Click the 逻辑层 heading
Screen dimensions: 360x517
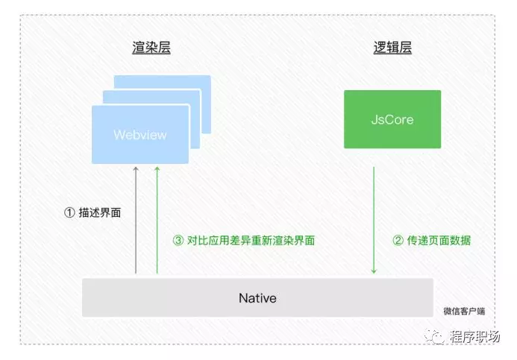coord(392,49)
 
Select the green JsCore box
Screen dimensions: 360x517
coord(392,119)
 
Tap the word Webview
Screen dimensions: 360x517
coord(140,135)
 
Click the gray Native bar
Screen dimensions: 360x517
coord(257,298)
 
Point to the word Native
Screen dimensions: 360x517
coord(257,298)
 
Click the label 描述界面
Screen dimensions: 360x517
coord(99,212)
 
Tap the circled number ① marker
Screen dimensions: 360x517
coord(69,212)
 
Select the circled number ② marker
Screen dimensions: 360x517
coord(398,240)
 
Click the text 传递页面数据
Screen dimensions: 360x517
coord(438,240)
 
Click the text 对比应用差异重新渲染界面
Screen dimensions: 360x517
coord(249,240)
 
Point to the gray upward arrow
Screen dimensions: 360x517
coord(136,220)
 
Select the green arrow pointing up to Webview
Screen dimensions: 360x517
coord(157,220)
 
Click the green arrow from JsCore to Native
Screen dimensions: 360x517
coord(374,220)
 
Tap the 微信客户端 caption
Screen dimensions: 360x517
coord(463,311)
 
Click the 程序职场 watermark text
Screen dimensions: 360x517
coord(477,338)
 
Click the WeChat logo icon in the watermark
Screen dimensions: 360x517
coord(435,337)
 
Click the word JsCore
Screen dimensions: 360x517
coord(392,119)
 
